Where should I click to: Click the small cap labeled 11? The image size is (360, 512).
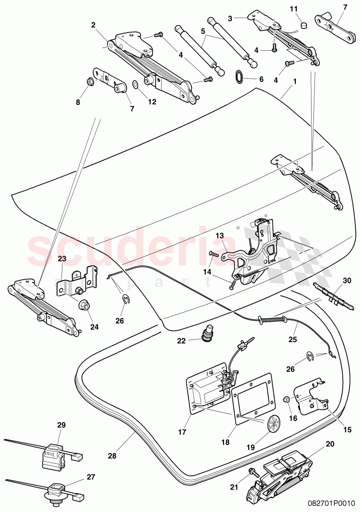304,23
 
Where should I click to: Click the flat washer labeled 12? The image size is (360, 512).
135,85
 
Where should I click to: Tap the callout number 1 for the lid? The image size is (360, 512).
294,87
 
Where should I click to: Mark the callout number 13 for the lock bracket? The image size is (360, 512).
220,249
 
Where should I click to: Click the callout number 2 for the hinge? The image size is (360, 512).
93,25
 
